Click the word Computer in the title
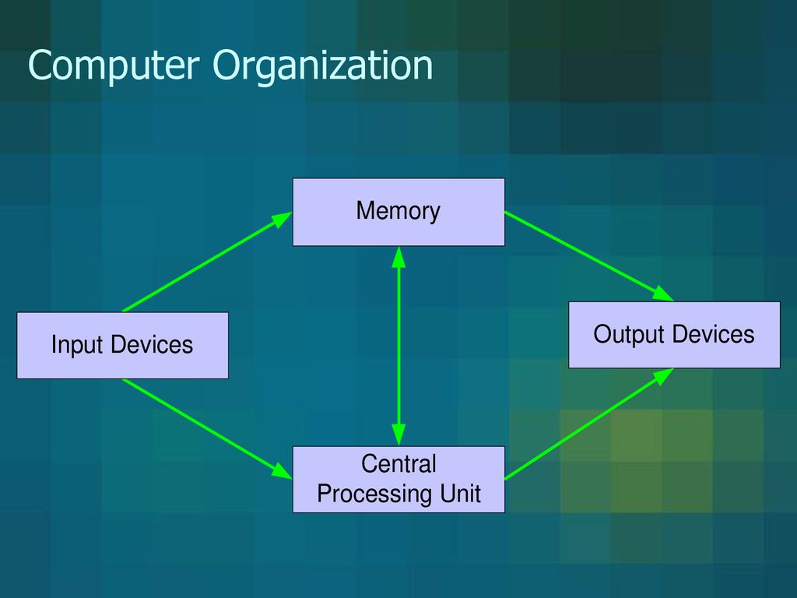click(114, 67)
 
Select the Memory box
click(398, 212)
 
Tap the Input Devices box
click(122, 345)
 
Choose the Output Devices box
click(674, 335)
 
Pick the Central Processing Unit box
click(398, 479)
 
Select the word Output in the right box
click(628, 335)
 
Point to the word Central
click(398, 465)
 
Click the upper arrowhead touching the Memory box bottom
click(398, 255)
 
